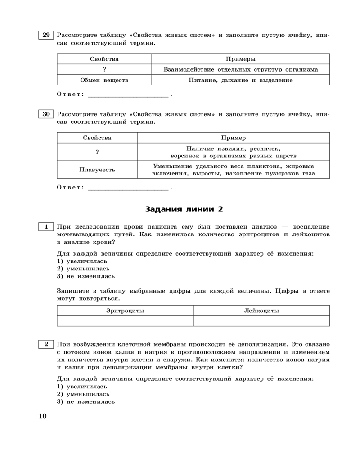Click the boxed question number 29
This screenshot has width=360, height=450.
tap(45, 36)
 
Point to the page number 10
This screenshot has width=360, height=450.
tap(43, 415)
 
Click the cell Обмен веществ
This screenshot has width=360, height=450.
tap(104, 80)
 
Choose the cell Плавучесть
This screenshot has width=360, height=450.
tap(97, 170)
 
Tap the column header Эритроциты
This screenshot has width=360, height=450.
tap(125, 310)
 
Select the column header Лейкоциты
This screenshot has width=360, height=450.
tap(261, 310)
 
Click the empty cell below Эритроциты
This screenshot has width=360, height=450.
tap(125, 320)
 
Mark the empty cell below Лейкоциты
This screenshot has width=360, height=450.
tap(261, 320)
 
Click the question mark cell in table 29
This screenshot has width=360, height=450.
tap(104, 69)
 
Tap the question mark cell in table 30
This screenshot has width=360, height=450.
tap(97, 152)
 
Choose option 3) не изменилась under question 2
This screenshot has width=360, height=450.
tap(86, 401)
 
